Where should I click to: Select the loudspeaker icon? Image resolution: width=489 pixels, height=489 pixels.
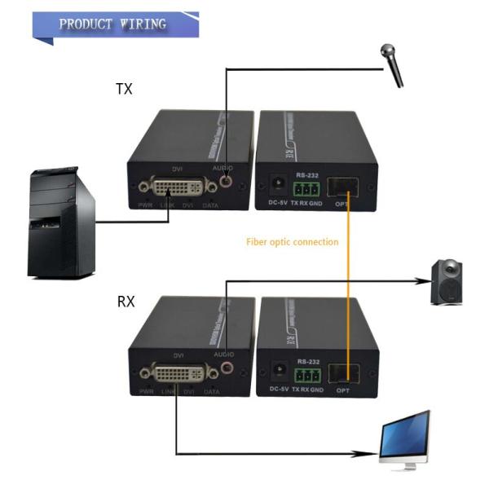pyautogui.click(x=447, y=282)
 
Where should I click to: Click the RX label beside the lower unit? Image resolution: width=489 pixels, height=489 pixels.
pyautogui.click(x=126, y=301)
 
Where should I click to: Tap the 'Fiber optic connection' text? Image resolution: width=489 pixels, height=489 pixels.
pyautogui.click(x=292, y=242)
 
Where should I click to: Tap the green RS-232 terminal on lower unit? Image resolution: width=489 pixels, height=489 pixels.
pyautogui.click(x=306, y=375)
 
